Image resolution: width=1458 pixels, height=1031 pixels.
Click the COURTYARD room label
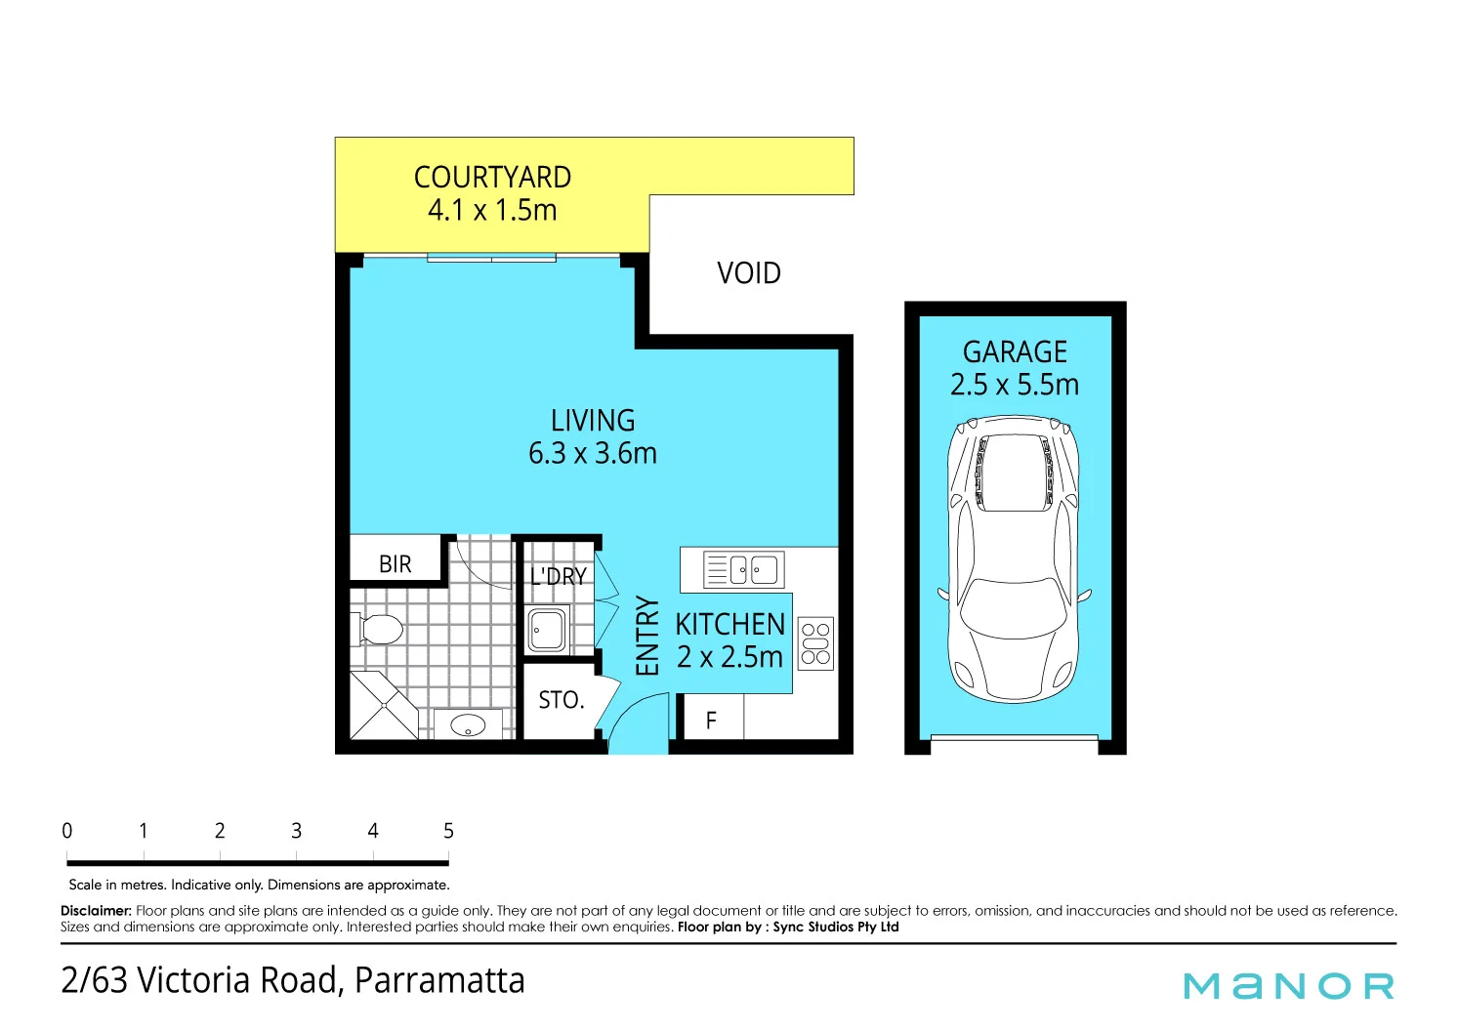492,178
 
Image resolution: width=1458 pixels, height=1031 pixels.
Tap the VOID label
748,273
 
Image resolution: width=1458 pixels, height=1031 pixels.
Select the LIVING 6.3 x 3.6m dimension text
592,454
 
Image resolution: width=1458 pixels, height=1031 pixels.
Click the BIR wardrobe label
396,564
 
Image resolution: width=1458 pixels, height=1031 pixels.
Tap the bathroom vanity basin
468,725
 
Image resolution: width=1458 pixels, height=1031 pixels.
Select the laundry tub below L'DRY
547,630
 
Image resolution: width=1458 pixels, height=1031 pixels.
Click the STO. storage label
561,700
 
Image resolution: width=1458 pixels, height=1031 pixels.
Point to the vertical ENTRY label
647,637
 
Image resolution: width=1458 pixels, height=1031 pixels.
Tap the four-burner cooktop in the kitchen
815,643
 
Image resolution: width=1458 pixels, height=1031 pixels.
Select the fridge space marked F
711,721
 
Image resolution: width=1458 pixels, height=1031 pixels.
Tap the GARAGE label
1015,351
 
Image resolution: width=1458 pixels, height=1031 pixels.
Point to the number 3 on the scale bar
296,831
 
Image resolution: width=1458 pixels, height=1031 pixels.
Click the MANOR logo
1288,986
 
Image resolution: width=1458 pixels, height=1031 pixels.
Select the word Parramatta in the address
439,980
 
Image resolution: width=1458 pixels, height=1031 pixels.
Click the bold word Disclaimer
96,911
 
